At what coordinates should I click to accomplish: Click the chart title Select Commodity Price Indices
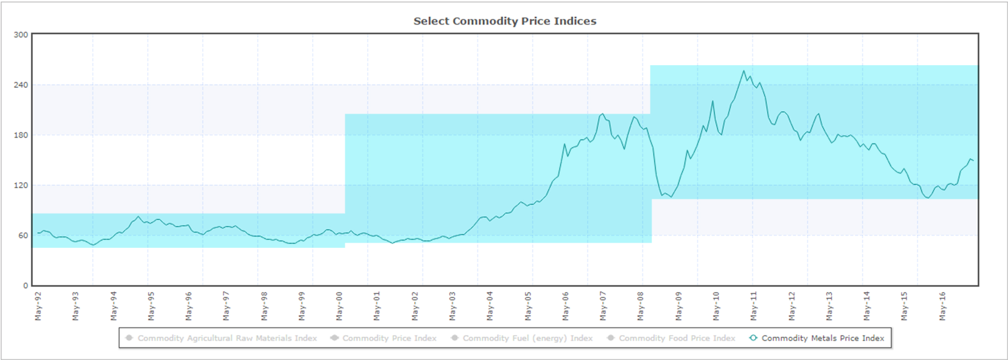505,21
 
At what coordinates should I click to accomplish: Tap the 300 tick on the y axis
21,35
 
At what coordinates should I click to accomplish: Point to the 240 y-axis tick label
21,85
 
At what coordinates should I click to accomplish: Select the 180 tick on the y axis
21,135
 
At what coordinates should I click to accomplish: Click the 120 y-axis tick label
21,185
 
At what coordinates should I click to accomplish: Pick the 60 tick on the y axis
23,235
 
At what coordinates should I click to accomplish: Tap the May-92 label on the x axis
38,306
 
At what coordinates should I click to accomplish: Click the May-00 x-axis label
339,306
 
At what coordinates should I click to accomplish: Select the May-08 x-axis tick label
640,306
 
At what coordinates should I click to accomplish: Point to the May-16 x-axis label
942,306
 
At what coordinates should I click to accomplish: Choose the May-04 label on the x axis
490,306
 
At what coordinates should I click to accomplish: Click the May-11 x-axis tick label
754,306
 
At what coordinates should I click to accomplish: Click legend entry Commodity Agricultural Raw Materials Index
227,338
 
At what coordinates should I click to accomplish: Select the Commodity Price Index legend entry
389,338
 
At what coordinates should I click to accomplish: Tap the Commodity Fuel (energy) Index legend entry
528,338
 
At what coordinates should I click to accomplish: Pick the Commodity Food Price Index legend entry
677,338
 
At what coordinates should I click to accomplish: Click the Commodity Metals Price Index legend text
823,338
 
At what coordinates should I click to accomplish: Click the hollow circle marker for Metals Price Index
753,338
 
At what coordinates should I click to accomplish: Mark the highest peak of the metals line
744,71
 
